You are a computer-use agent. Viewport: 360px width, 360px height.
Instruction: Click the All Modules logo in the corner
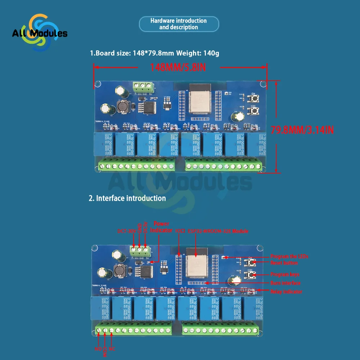pyautogui.click(x=39, y=33)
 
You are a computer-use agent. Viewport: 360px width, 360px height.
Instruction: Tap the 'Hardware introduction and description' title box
pyautogui.click(x=179, y=24)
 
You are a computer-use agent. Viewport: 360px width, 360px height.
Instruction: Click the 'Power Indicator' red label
pyautogui.click(x=161, y=227)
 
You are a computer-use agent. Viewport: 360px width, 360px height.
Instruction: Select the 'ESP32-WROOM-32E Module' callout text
pyautogui.click(x=218, y=231)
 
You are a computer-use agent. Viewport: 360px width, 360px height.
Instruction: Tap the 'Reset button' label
pyautogui.click(x=284, y=263)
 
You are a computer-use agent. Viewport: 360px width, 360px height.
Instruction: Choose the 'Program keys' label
pyautogui.click(x=285, y=275)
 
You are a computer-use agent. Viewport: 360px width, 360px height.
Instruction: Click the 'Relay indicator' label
pyautogui.click(x=286, y=292)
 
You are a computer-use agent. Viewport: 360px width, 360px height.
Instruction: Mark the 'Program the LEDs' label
pyautogui.click(x=289, y=257)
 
